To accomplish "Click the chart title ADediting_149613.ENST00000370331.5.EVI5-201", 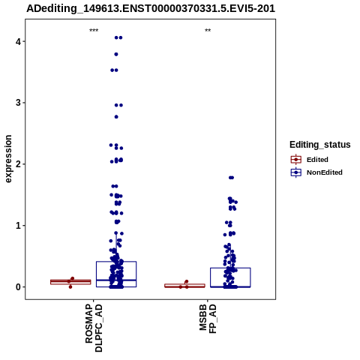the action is coord(151,9).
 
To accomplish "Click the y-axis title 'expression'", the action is coord(8,159).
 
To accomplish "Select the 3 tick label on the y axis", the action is coord(18,103).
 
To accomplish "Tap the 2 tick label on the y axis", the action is coord(18,164).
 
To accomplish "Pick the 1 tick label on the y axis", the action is coord(18,226).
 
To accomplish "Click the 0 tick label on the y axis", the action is coord(18,287).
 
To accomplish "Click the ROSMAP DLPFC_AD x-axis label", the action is coord(94,328).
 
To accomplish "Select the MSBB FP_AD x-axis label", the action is coord(208,319).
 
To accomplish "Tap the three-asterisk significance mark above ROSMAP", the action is coord(94,31).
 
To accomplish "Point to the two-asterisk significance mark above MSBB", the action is coord(208,31).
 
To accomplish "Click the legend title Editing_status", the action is coord(320,145).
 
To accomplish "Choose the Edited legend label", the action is coord(317,160).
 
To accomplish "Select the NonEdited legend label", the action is coord(325,172).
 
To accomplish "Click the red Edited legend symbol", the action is coord(296,160).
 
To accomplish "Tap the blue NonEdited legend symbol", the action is coord(296,172).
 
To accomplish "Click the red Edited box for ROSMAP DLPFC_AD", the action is coord(70,282).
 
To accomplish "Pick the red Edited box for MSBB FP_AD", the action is coord(184,286).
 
